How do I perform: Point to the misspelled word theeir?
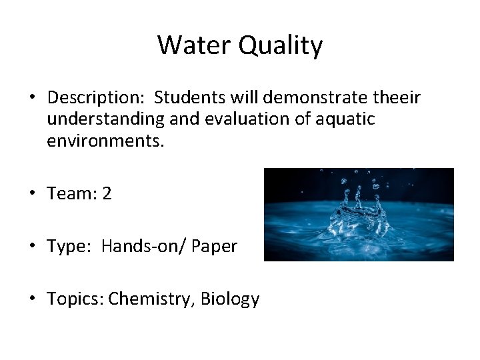coord(396,98)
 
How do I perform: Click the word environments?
coord(105,141)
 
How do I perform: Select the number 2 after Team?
coord(107,194)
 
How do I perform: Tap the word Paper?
coord(214,247)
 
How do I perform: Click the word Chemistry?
coord(149,299)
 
